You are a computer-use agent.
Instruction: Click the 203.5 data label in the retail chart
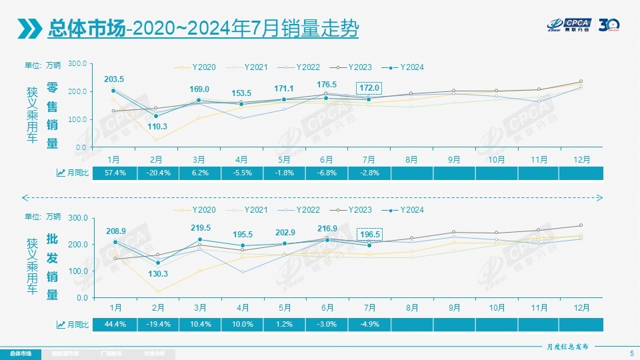pyautogui.click(x=114, y=79)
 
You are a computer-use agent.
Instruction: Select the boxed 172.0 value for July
pyautogui.click(x=369, y=88)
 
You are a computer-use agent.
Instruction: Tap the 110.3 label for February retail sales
pyautogui.click(x=157, y=126)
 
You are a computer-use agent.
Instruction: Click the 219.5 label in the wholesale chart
pyautogui.click(x=199, y=228)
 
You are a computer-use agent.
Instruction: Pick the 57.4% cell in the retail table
pyautogui.click(x=114, y=173)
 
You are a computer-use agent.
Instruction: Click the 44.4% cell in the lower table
pyautogui.click(x=114, y=325)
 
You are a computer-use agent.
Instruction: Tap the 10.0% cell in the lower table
pyautogui.click(x=242, y=325)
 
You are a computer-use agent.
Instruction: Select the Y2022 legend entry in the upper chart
pyautogui.click(x=301, y=67)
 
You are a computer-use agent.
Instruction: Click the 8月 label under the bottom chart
pyautogui.click(x=412, y=308)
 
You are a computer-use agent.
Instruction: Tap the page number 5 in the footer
pyautogui.click(x=631, y=353)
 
